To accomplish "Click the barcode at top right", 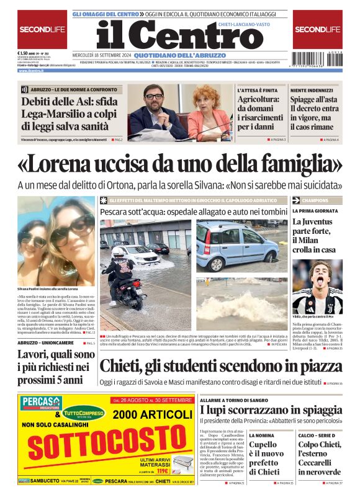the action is [317, 62].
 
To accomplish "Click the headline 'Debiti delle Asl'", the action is [65, 112].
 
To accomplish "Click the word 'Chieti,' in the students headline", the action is [124, 367].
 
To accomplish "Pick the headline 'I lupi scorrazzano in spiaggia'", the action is [271, 410].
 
